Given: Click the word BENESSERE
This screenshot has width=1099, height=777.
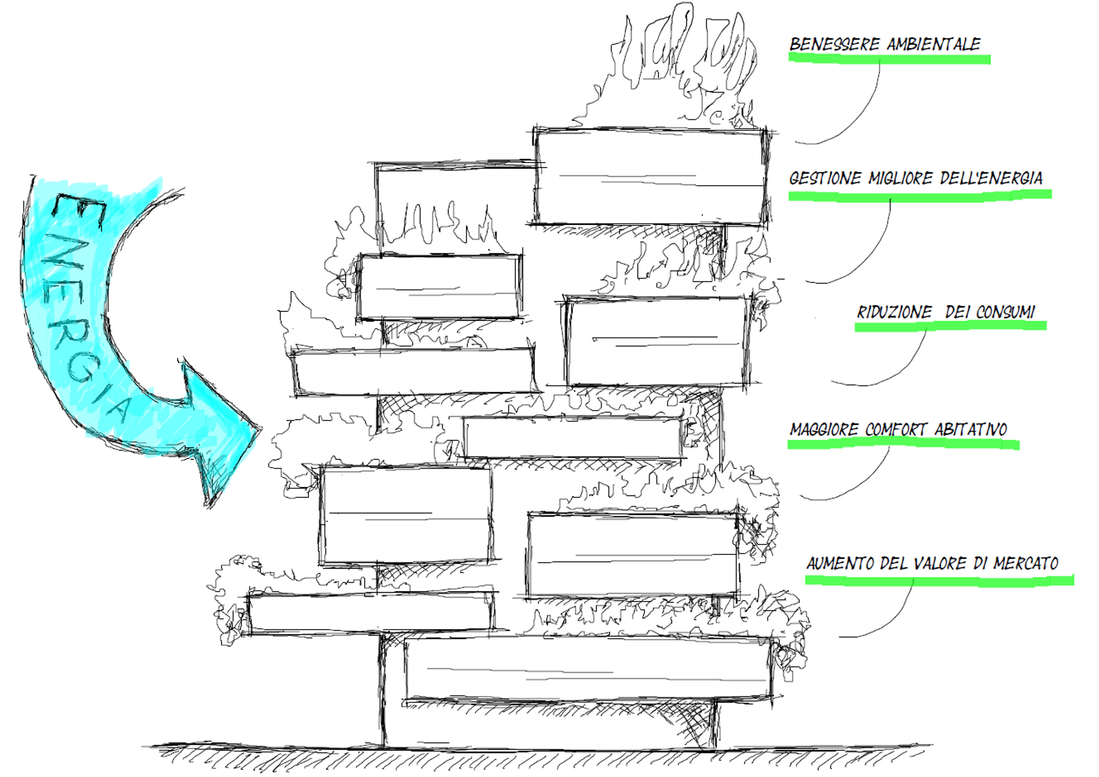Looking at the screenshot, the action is click(x=835, y=44).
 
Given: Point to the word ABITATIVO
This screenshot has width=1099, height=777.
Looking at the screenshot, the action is click(x=971, y=429).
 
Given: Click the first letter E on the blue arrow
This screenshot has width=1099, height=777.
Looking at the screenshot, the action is click(x=79, y=210).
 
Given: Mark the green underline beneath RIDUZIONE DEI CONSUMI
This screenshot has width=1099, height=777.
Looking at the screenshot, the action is click(x=950, y=326).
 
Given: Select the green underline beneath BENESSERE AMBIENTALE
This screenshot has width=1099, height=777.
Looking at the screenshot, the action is click(x=889, y=59).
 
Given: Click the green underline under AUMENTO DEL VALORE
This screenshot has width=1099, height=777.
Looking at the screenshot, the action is click(x=940, y=580).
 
